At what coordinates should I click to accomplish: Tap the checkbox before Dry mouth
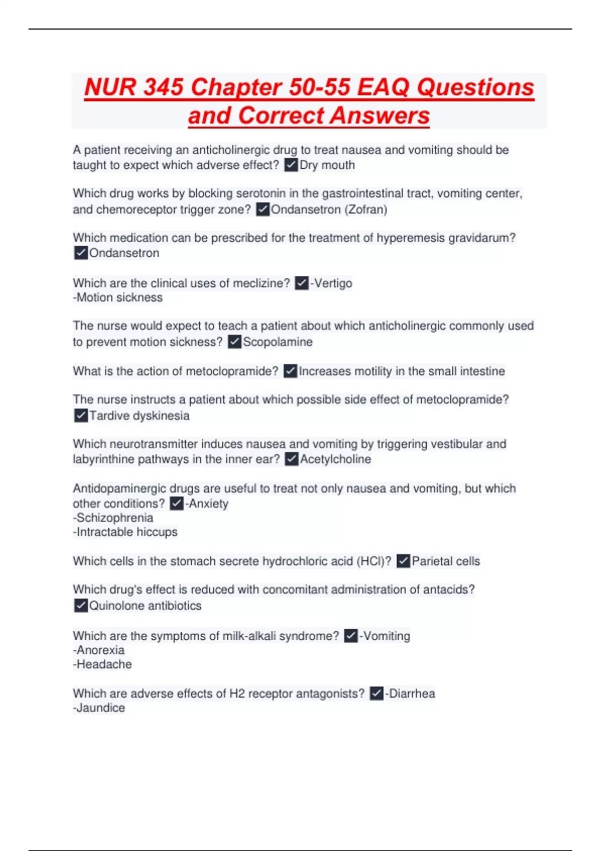tap(291, 165)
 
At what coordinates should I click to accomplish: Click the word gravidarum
tap(481, 238)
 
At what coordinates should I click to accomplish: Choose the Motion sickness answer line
tap(118, 297)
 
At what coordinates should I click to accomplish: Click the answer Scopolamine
tap(277, 342)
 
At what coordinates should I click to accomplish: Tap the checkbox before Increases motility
tap(290, 371)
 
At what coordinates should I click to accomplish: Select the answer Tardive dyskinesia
tap(139, 415)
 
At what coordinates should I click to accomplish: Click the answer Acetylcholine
tap(336, 459)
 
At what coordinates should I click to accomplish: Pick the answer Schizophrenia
tap(113, 518)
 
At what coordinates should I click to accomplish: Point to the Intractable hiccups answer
tap(125, 532)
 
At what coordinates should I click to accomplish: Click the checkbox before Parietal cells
tap(403, 561)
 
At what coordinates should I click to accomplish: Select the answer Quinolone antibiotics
tap(145, 606)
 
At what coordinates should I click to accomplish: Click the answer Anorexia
tap(99, 650)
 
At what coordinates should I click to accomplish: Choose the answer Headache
tap(103, 664)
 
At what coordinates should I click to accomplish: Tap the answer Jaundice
tap(99, 708)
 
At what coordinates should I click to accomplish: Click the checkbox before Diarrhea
tap(377, 693)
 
